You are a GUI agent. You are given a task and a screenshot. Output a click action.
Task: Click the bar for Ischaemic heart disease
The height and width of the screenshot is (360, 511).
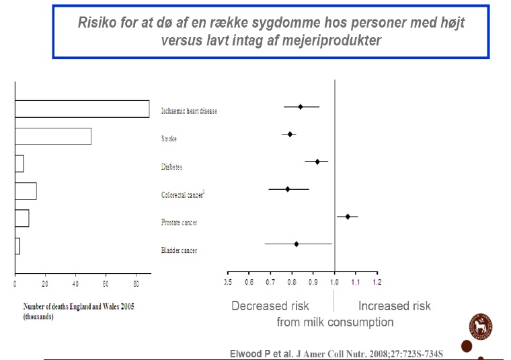coord(82,109)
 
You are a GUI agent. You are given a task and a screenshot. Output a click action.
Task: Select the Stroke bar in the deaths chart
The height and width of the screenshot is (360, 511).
coord(53,137)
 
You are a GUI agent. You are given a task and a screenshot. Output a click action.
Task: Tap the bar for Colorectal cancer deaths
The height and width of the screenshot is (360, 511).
coord(26,191)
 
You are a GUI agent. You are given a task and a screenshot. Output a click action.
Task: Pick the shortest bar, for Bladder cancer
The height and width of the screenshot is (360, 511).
coord(17,246)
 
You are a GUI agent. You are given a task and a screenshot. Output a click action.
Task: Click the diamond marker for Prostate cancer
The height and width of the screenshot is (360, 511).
coord(348,217)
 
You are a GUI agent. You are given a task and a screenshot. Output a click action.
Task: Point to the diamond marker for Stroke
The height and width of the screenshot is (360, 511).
coord(290,134)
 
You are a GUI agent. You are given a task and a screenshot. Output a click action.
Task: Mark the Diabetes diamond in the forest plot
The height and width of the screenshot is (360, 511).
coord(317,161)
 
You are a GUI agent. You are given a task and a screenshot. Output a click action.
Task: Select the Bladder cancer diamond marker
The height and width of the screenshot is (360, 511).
coord(297,244)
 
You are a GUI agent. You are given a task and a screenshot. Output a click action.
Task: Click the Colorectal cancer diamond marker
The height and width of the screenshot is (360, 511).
coord(288,189)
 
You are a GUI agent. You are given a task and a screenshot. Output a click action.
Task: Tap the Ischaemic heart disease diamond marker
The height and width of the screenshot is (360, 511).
coord(301,106)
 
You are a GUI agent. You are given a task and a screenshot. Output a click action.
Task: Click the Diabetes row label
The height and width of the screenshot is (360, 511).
coord(171,167)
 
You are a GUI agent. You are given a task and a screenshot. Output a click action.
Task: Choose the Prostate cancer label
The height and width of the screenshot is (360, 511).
coord(179,222)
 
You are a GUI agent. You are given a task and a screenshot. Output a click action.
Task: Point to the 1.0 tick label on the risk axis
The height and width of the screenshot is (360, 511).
coord(334,282)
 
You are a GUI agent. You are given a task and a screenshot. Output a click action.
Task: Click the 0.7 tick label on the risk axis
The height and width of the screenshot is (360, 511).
coord(270,282)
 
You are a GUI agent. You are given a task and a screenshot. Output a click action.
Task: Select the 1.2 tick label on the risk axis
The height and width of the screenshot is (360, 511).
coord(377,282)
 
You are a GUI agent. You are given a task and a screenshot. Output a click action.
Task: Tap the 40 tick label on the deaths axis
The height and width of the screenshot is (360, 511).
coord(75,284)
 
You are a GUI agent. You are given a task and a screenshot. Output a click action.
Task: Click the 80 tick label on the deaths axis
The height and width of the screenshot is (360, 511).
coord(136,284)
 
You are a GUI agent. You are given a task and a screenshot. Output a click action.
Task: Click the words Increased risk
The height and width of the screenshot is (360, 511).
coord(394,306)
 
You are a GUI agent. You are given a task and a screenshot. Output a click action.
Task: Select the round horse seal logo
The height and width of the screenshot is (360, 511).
coord(481,326)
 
